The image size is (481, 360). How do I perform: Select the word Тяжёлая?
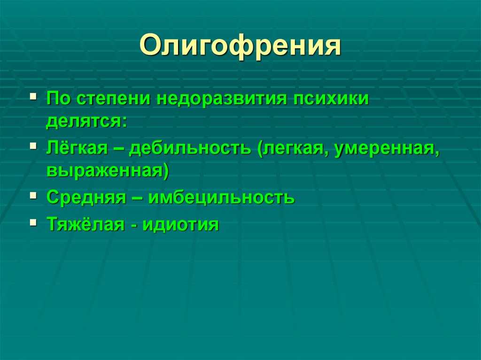point(85,224)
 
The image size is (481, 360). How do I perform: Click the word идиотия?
point(181,224)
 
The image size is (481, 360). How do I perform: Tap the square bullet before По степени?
point(32,97)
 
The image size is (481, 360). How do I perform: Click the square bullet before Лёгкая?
point(32,146)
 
